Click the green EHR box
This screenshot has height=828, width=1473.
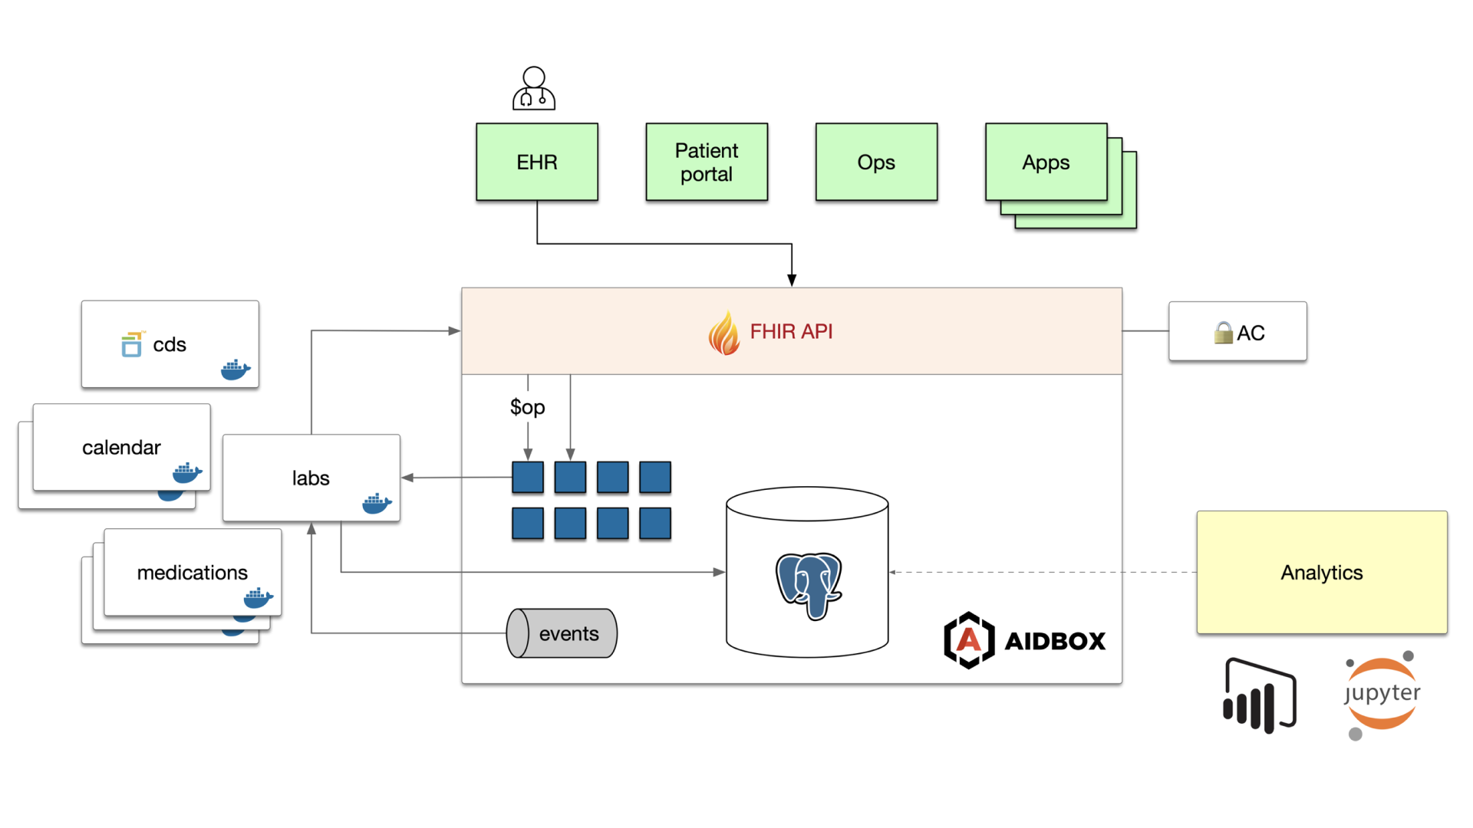536,162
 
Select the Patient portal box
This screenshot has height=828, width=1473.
706,162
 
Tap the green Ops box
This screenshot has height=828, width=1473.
876,162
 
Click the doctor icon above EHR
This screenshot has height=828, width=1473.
534,89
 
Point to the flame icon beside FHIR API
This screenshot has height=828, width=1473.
723,333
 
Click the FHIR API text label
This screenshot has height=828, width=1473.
791,331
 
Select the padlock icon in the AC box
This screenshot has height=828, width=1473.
1223,333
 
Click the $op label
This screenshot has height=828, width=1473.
527,407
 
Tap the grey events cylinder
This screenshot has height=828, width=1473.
562,633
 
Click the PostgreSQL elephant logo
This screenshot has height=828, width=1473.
809,584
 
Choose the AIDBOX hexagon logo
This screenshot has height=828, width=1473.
969,640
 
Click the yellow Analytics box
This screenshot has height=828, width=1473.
1321,572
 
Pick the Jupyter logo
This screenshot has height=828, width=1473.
1382,695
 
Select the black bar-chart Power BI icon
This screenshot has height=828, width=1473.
1259,695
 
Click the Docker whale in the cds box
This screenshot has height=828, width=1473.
235,370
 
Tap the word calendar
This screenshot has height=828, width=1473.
121,448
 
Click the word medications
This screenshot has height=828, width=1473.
192,573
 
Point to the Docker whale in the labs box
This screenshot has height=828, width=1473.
376,504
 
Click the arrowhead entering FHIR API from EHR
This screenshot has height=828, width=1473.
792,281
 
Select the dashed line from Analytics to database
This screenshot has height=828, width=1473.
1043,572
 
